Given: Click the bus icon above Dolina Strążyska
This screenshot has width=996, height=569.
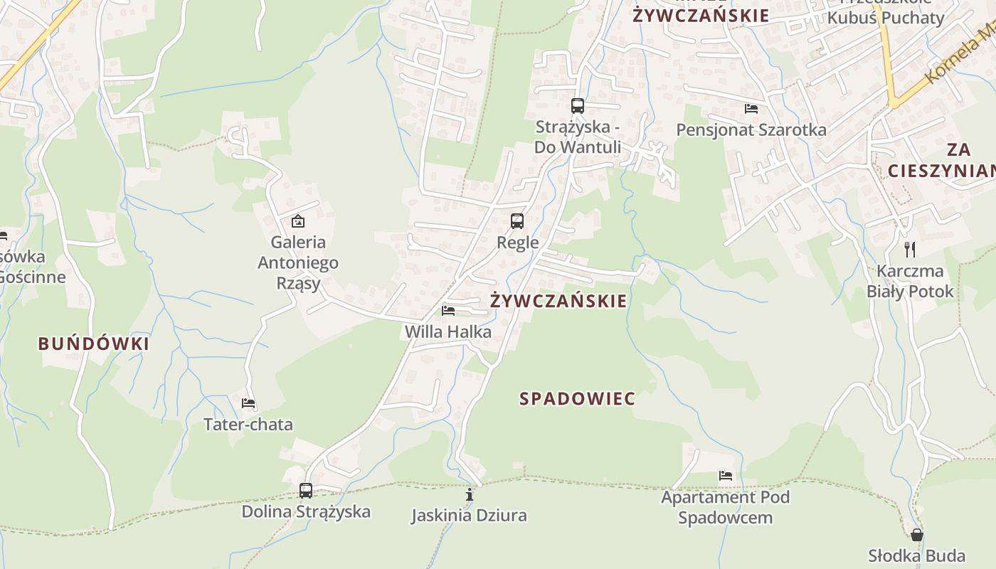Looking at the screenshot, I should click(306, 490).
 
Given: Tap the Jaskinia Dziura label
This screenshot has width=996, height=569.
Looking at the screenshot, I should click(469, 515).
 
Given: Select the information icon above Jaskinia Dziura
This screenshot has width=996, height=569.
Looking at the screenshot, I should click(469, 494).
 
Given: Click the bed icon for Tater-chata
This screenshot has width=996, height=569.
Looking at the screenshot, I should click(248, 403).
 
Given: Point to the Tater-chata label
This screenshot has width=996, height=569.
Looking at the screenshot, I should click(248, 425).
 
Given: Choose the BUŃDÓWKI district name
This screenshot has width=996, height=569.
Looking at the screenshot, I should click(94, 344).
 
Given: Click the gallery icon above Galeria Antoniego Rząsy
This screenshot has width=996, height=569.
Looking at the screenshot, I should click(297, 221).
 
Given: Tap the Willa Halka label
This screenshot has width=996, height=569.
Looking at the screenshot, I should click(448, 331).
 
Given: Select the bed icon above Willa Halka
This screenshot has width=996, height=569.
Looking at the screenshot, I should click(448, 310).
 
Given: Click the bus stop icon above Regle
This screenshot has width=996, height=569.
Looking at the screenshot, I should click(517, 221).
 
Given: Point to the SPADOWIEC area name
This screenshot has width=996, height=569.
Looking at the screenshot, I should click(578, 399).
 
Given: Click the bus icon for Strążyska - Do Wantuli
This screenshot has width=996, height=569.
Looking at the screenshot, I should click(578, 106).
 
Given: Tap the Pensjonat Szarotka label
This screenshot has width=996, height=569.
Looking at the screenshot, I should click(751, 130).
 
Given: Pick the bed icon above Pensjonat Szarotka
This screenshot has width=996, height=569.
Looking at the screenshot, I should click(751, 109).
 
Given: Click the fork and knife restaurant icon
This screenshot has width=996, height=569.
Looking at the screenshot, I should click(909, 249).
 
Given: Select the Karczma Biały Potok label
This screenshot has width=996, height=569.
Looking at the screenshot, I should click(910, 281).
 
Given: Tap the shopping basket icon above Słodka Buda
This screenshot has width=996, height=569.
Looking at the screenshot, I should click(917, 535).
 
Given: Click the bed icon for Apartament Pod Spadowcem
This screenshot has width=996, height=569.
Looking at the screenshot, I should click(726, 475).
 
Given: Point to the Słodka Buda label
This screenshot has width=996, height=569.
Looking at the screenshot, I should click(917, 555).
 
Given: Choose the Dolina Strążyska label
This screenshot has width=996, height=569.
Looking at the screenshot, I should click(306, 511).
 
